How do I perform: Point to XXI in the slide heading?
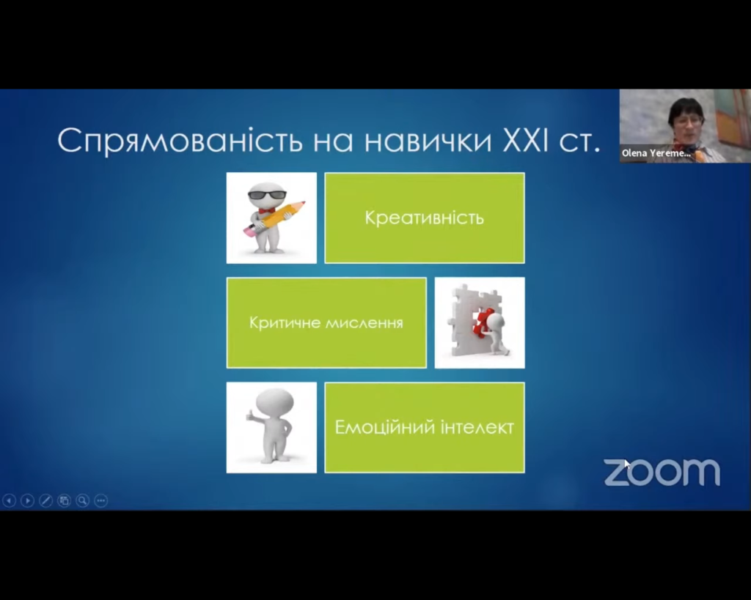pyautogui.click(x=525, y=141)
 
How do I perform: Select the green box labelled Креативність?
pyautogui.click(x=425, y=218)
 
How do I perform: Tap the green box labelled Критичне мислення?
pyautogui.click(x=326, y=322)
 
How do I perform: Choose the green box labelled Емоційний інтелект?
pyautogui.click(x=425, y=427)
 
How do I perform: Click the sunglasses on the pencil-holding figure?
pyautogui.click(x=267, y=195)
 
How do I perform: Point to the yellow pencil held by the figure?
pyautogui.click(x=274, y=219)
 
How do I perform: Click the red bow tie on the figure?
pyautogui.click(x=265, y=210)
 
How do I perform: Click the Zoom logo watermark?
pyautogui.click(x=662, y=473)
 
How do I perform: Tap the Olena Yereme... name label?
pyautogui.click(x=656, y=153)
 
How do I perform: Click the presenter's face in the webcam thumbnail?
pyautogui.click(x=686, y=124)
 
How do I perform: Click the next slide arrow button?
pyautogui.click(x=27, y=500)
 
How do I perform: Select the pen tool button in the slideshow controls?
pyautogui.click(x=45, y=500)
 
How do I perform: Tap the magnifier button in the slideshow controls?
pyautogui.click(x=82, y=500)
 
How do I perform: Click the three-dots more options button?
pyautogui.click(x=100, y=500)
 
